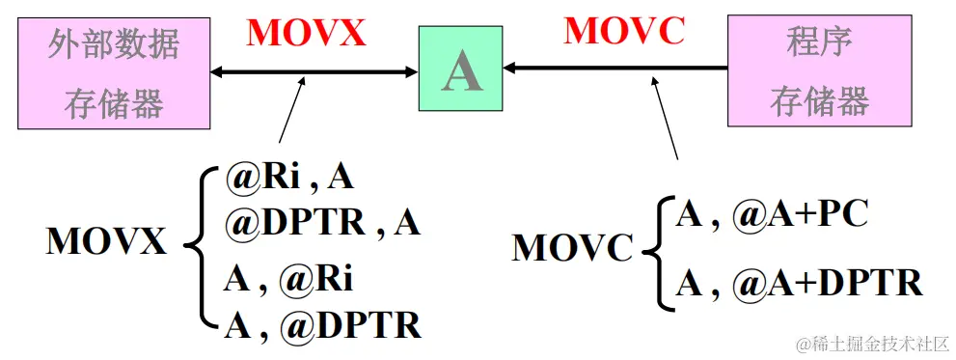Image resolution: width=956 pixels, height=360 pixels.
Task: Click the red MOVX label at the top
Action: [307, 33]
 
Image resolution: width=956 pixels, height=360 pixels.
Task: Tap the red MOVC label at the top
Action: [623, 31]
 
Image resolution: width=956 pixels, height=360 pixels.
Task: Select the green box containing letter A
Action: [460, 69]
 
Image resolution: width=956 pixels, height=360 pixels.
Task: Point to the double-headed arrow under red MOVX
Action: [314, 70]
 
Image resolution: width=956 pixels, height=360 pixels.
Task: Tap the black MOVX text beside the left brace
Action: [106, 241]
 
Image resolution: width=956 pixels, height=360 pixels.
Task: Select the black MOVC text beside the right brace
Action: [571, 248]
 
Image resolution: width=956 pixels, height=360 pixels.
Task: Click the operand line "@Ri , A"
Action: [289, 177]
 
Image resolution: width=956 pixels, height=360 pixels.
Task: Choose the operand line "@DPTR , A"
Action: [323, 222]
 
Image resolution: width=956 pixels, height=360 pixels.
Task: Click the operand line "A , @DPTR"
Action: [323, 326]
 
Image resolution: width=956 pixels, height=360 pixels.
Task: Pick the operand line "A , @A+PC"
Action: [772, 214]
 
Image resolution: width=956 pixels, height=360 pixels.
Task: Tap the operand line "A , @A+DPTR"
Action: [799, 283]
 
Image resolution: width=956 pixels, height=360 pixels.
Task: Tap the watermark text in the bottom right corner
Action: [872, 344]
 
